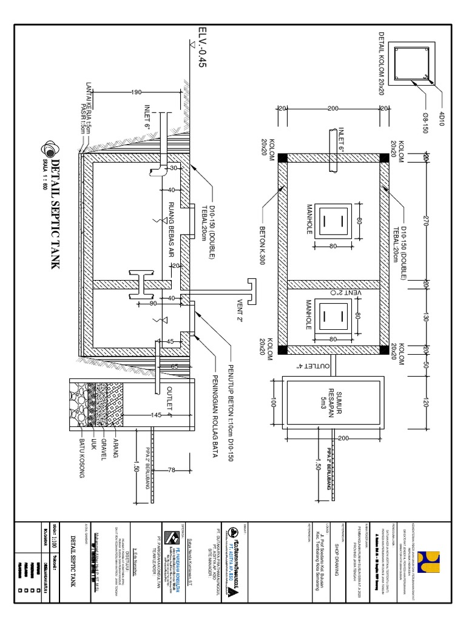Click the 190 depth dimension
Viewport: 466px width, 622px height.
(x=137, y=92)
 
